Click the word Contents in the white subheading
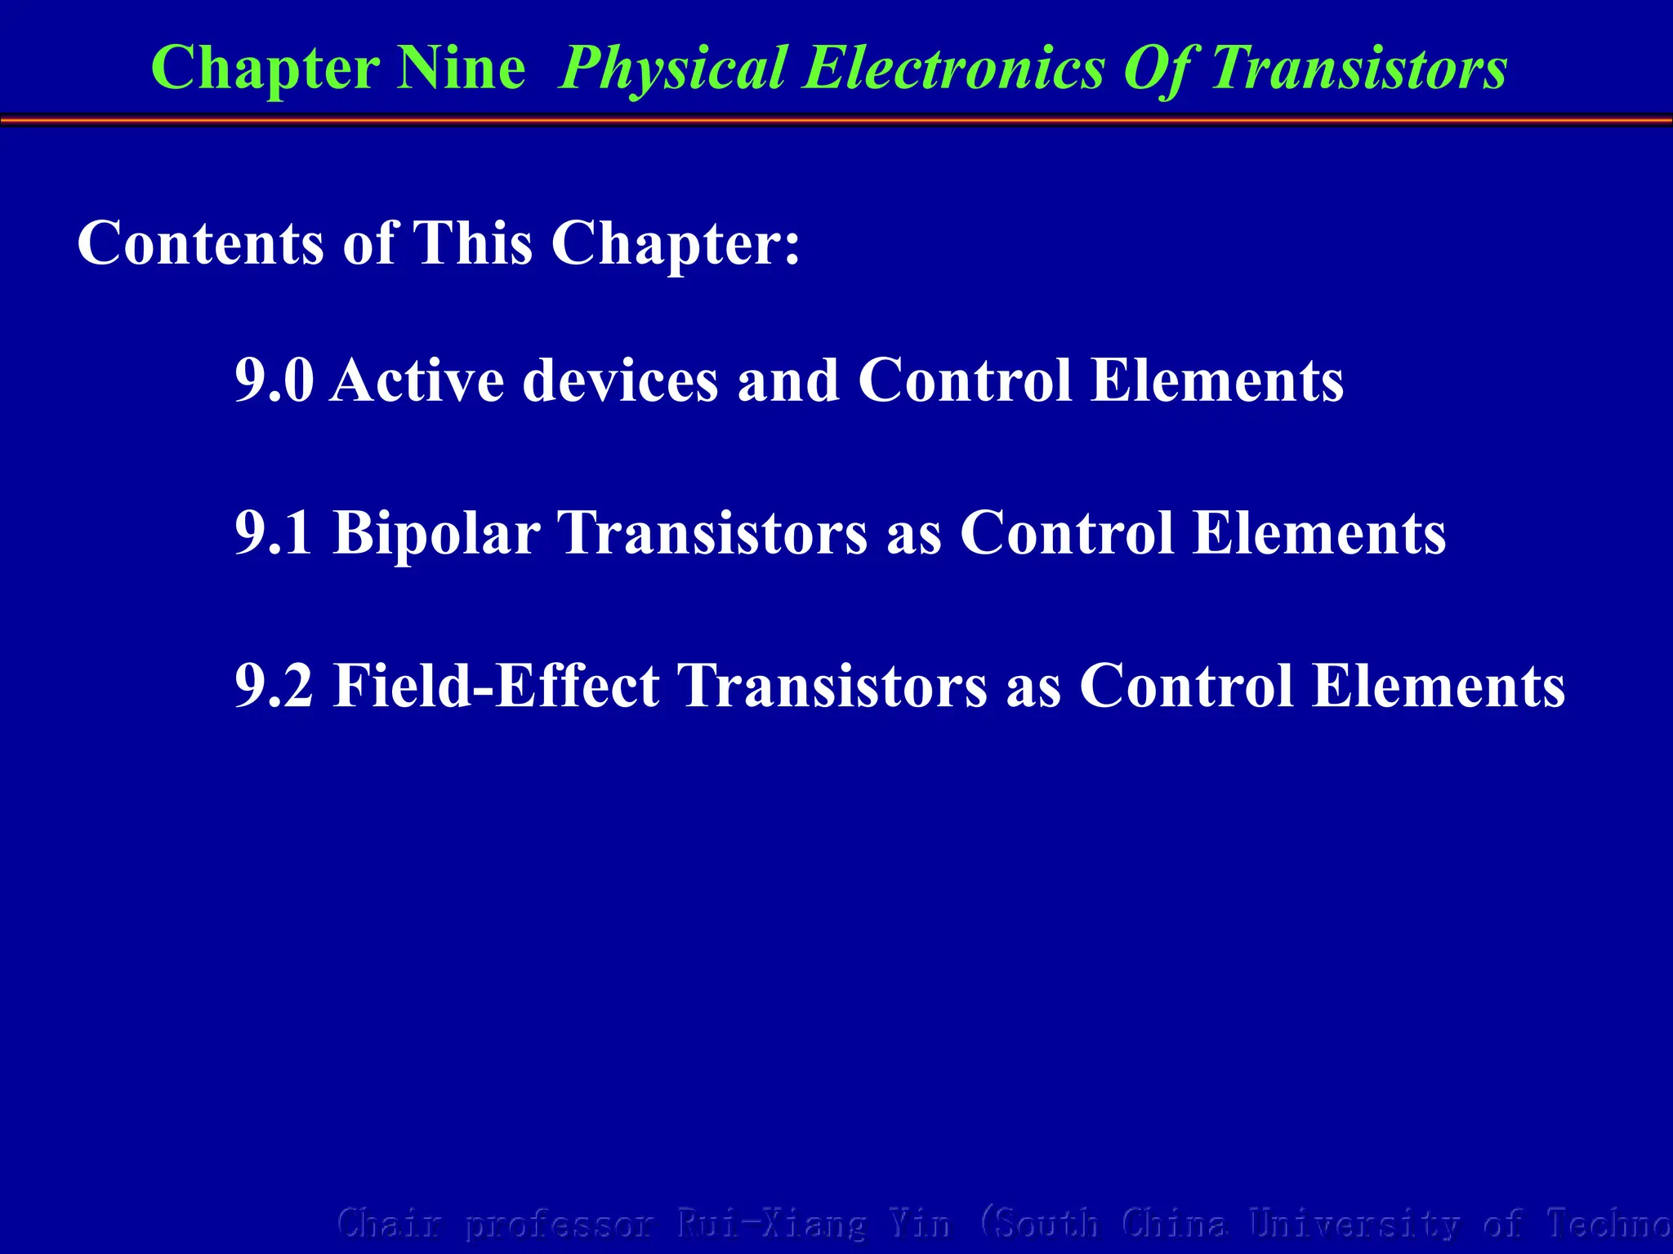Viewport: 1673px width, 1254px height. pyautogui.click(x=200, y=243)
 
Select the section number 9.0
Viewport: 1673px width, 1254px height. pyautogui.click(x=274, y=380)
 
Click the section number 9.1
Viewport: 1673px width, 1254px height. pyautogui.click(x=274, y=533)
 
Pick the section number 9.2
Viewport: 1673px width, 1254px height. pyautogui.click(x=274, y=686)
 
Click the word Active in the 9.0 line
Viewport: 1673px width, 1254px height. pyautogui.click(x=417, y=380)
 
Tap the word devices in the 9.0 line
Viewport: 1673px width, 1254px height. pyautogui.click(x=620, y=380)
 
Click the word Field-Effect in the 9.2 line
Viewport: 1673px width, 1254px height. pyautogui.click(x=496, y=686)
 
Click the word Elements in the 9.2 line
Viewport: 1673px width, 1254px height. pyautogui.click(x=1439, y=686)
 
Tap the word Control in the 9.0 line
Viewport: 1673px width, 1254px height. pyautogui.click(x=965, y=380)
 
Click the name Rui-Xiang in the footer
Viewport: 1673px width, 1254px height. pyautogui.click(x=770, y=1224)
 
